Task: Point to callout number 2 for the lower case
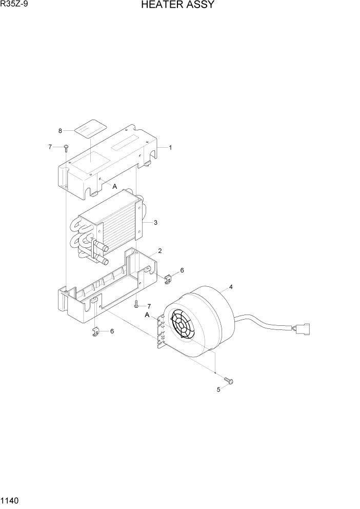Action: tap(160, 251)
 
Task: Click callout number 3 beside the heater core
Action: tap(155, 223)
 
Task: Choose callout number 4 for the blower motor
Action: tap(231, 287)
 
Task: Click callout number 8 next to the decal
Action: tap(60, 131)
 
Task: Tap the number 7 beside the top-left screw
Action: tap(50, 147)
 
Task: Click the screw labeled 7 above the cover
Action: tap(66, 148)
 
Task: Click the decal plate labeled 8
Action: tap(90, 127)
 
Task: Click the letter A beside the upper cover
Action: tap(115, 186)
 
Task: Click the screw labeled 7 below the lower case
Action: tap(136, 305)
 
